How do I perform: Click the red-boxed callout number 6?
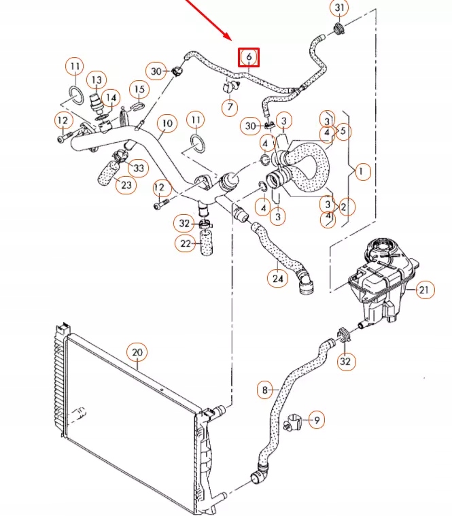point(249,57)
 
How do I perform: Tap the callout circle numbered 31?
point(338,8)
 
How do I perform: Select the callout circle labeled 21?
point(423,290)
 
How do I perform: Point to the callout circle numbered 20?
point(137,351)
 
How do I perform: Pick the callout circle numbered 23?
point(126,184)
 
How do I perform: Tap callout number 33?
point(139,167)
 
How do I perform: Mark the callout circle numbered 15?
point(139,89)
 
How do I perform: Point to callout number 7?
point(230,107)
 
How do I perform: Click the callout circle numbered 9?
point(316,421)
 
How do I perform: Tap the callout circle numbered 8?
point(264,390)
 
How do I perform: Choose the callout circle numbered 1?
point(362,172)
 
